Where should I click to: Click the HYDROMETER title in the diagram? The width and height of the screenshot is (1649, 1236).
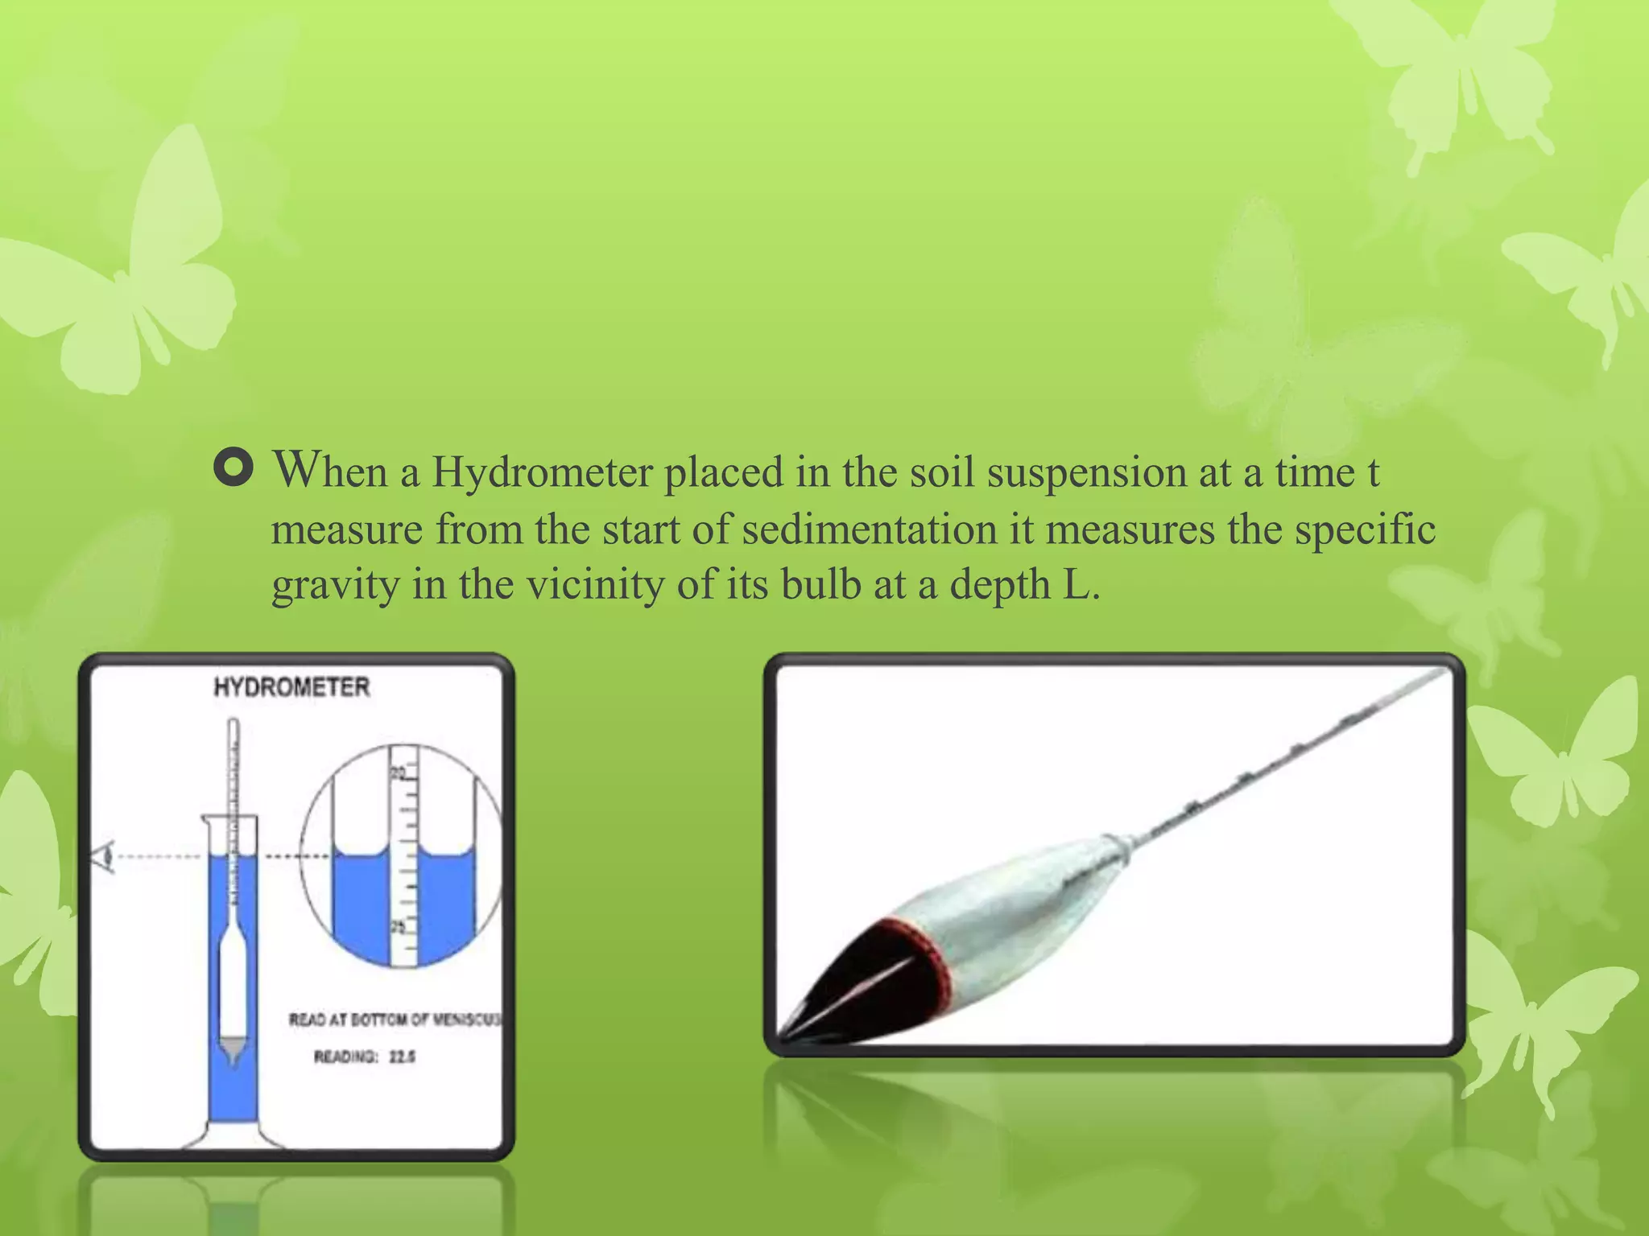291,687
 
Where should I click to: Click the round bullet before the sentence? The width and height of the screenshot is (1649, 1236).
234,468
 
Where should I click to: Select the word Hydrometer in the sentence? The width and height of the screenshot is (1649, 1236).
542,472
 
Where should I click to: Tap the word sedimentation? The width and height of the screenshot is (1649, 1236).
870,529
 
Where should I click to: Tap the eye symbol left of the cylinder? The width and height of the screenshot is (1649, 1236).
104,858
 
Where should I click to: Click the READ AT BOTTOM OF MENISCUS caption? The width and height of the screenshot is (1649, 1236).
394,1020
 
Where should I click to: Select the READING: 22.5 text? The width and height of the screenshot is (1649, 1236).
364,1057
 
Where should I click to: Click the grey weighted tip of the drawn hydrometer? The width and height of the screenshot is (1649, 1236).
233,1049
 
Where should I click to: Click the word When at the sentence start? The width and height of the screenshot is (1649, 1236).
330,471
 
